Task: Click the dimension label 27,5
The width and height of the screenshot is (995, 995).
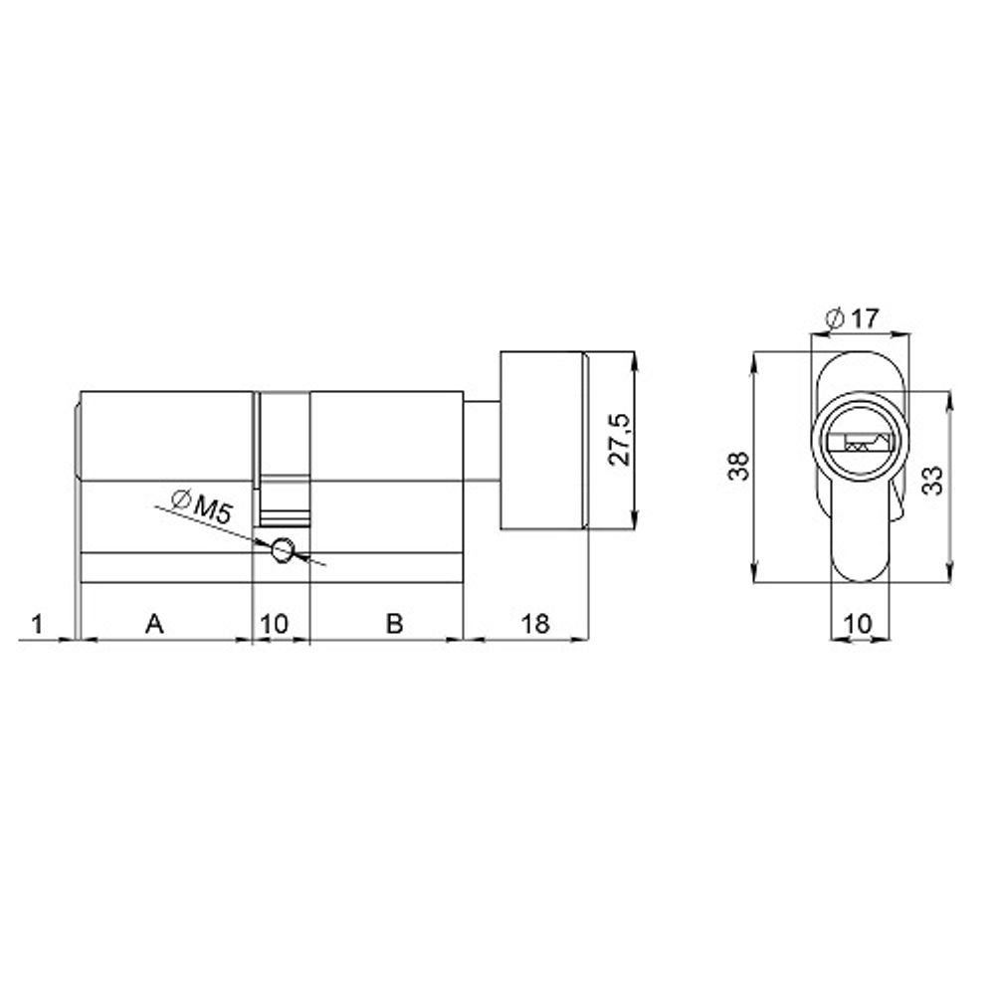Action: [x=619, y=440]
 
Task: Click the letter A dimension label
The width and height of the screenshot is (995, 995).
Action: [x=153, y=624]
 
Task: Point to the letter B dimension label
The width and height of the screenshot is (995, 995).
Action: [x=394, y=624]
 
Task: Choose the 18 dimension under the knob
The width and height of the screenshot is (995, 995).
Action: [x=534, y=624]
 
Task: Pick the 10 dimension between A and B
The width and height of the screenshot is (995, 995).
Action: [x=274, y=624]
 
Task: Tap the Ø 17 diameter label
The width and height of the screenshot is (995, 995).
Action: [x=852, y=319]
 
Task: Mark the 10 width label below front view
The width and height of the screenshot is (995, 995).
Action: [x=858, y=624]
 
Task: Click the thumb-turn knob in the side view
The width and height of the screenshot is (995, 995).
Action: [x=542, y=440]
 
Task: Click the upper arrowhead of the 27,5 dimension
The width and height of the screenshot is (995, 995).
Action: [x=633, y=359]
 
